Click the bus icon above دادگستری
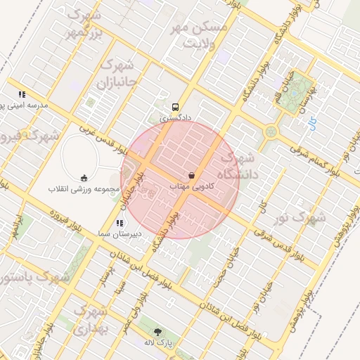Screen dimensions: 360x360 coord(174,107)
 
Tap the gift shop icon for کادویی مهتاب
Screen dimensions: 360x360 coord(192,174)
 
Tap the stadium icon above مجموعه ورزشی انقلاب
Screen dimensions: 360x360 coord(84,177)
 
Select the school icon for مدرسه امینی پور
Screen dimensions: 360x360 coord(22,94)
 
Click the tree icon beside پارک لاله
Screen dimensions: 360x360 coord(157,332)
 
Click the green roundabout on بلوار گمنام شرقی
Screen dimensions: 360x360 coord(271,131)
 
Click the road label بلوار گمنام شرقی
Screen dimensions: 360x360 coord(313,157)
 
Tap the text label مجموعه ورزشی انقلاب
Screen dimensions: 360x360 coord(80,189)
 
